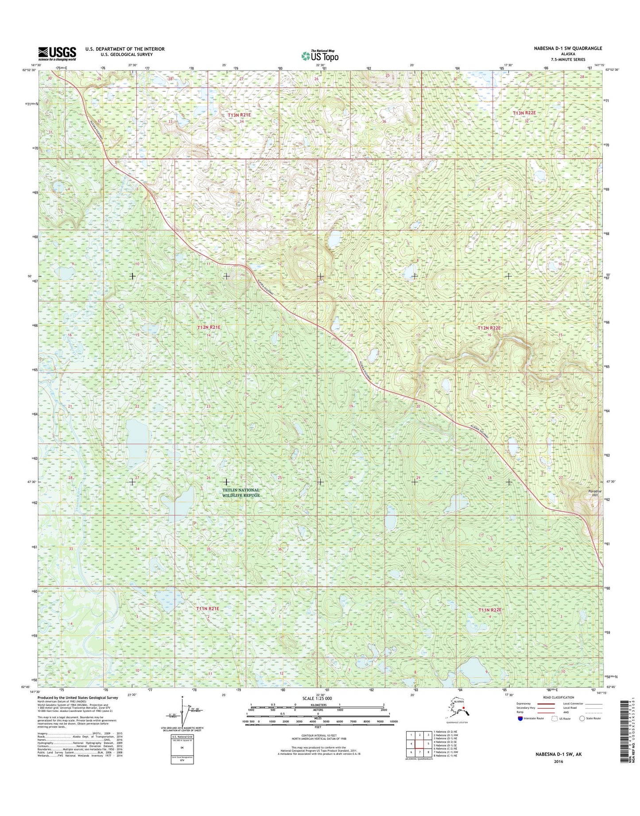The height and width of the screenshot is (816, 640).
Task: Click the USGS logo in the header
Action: pos(57,53)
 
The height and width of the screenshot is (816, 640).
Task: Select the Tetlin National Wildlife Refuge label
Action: pos(240,493)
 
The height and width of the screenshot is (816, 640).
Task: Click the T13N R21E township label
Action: pos(239,115)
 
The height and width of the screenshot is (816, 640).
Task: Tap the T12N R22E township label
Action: pos(489,328)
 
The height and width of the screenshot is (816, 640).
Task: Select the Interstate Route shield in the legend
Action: pos(520,731)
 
